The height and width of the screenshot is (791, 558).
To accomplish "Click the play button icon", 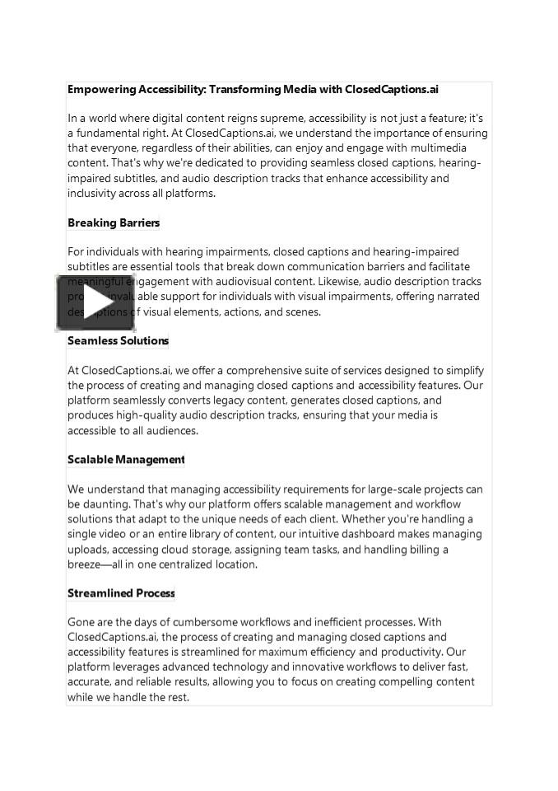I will pos(95,302).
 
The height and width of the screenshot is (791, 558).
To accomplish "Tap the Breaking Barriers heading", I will pos(114,223).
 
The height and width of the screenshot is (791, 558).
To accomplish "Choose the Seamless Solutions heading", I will pos(118,341).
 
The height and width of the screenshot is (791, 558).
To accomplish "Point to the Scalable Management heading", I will pos(126,460).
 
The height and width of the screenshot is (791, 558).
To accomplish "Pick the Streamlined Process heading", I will pos(121,593).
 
